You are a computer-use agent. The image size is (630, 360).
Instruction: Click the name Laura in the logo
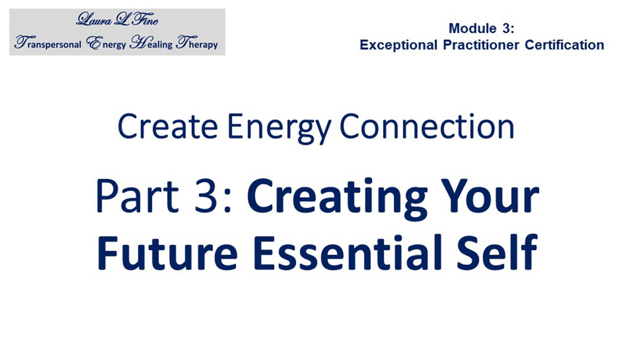click(94, 19)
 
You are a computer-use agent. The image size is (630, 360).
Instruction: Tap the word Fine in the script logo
click(145, 19)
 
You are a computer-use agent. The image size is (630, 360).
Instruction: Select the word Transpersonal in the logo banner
click(48, 43)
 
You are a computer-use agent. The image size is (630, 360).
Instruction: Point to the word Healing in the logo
click(151, 43)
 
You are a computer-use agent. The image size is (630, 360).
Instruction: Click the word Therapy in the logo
click(197, 43)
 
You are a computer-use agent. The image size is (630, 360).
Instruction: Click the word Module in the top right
click(472, 29)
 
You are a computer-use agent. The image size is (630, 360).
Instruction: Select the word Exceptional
click(398, 45)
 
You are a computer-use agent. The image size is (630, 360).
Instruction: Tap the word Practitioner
click(481, 45)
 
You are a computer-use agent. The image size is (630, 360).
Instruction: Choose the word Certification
click(564, 45)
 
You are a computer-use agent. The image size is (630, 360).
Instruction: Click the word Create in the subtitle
click(168, 126)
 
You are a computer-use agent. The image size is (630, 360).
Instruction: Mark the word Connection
click(427, 126)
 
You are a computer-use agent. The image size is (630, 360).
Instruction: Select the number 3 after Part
click(206, 196)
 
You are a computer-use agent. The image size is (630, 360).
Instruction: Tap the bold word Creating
click(337, 199)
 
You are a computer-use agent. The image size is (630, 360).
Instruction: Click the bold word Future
click(168, 253)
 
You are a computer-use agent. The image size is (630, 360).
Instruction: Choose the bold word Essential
click(347, 252)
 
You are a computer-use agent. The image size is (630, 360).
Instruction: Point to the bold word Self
click(497, 252)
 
